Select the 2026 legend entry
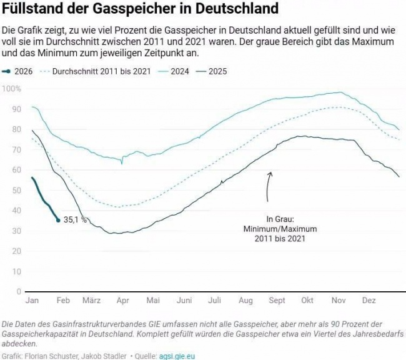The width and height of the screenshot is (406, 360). pos(23,71)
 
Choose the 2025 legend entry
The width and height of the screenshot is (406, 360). pos(217,71)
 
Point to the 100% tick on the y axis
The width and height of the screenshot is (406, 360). pos(12,89)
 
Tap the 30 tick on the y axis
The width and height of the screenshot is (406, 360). pos(14,231)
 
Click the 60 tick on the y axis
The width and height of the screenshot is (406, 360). pos(14,170)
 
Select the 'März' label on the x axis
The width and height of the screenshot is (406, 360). pos(91,301)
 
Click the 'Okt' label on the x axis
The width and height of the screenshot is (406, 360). pos(307,301)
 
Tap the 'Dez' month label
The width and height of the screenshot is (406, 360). pos(369,301)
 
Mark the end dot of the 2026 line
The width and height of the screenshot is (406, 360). pos(58,220)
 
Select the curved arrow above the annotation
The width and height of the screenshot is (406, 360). pos(269,186)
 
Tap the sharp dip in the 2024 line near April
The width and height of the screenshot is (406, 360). pos(122,163)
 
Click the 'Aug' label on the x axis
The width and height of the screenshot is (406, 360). pos(245,301)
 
